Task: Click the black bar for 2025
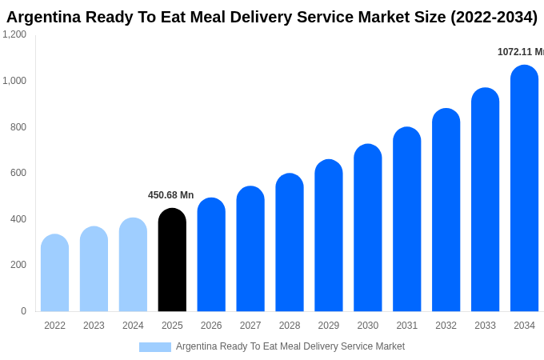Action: (x=172, y=260)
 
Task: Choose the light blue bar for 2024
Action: (x=133, y=265)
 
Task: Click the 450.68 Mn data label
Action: (x=170, y=195)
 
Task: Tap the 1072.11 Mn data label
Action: (x=520, y=52)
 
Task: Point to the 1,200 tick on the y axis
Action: (x=14, y=34)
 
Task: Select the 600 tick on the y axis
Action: (x=18, y=173)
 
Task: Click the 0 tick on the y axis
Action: (x=23, y=311)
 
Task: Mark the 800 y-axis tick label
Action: (x=18, y=126)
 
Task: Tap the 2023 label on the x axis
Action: (x=94, y=326)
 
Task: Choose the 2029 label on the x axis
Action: (x=329, y=326)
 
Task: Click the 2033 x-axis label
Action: (x=485, y=326)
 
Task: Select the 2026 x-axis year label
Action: (x=211, y=326)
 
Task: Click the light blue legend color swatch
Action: (x=154, y=347)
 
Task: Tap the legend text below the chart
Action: (x=290, y=346)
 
